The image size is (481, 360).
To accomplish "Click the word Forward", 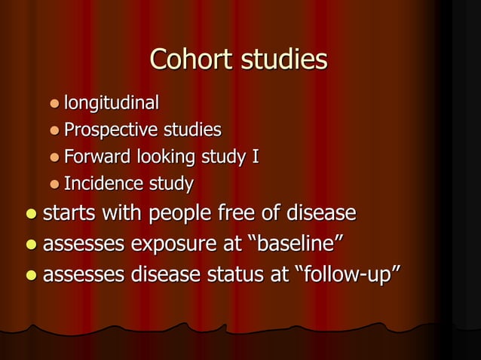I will [x=97, y=157].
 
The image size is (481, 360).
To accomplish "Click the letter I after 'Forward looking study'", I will [x=256, y=157].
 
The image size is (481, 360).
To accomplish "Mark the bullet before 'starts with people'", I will [x=30, y=215].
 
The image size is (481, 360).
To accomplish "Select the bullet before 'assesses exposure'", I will [x=30, y=246].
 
